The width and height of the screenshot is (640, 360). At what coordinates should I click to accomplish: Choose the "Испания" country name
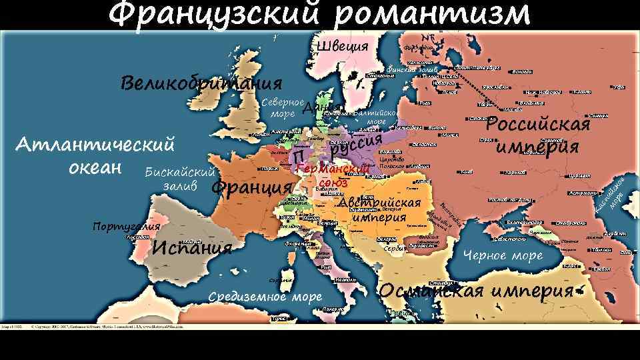pos(192,248)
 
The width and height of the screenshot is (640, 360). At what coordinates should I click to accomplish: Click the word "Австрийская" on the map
pos(379,203)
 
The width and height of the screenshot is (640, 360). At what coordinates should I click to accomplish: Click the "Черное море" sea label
pos(503,255)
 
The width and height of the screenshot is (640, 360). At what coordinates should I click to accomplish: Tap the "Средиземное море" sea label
pos(265,297)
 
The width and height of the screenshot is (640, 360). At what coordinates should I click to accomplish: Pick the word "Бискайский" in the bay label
pos(179,173)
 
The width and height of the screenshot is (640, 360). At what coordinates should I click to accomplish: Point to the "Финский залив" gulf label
pos(411,69)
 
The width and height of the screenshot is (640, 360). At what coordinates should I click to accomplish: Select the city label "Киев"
pos(466,172)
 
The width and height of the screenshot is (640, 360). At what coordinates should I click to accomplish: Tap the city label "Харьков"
pos(515,172)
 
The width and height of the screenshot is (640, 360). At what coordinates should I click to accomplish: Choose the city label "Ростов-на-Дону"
pos(509,199)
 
